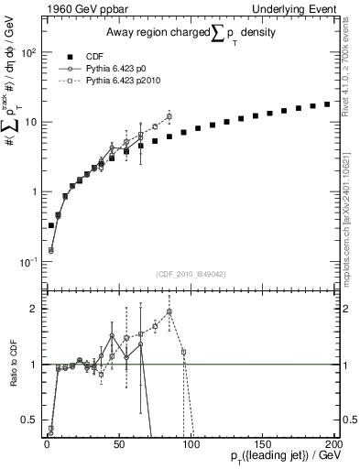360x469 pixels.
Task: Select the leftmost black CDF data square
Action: click(x=50, y=225)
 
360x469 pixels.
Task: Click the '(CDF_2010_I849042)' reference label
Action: click(x=191, y=273)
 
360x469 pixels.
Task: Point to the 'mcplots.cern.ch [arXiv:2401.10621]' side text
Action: click(x=351, y=227)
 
